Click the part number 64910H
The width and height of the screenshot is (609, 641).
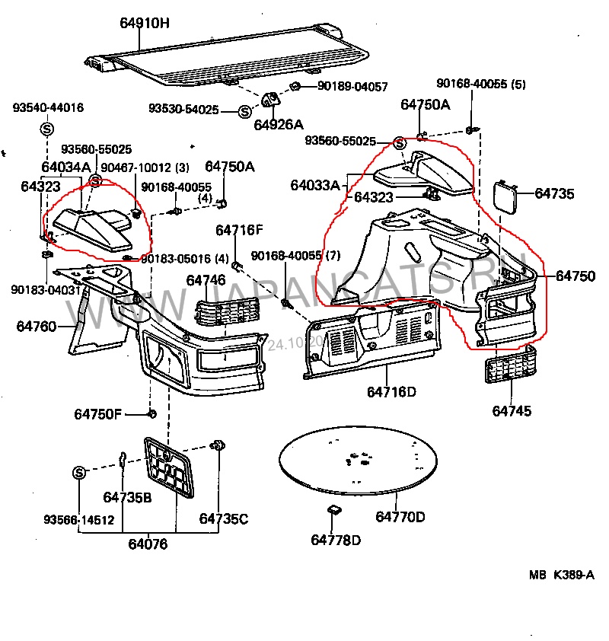tap(144, 23)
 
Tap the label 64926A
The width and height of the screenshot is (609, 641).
tap(278, 124)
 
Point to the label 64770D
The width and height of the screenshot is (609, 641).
tap(400, 518)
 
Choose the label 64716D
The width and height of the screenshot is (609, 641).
tap(391, 392)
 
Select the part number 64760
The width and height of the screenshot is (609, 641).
tap(37, 327)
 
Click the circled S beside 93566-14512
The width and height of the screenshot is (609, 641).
tap(79, 473)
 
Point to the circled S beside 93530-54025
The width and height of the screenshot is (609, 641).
tap(244, 111)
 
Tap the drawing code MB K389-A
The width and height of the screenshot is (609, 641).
tap(562, 576)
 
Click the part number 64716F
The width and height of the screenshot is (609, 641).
tap(239, 230)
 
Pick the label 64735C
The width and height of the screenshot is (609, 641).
tap(224, 518)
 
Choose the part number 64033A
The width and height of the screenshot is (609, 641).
tap(314, 185)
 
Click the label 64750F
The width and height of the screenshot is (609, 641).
tap(97, 414)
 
